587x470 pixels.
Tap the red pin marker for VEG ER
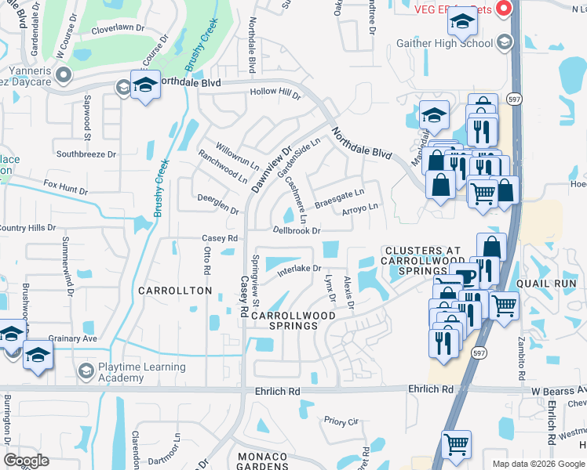505,8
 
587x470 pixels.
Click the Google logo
26,461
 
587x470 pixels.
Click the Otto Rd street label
207,260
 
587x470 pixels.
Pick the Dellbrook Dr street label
296,230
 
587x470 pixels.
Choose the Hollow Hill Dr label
275,92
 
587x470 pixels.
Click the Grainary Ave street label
72,338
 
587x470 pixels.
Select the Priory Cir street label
341,421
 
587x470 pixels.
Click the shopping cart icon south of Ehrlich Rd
456,444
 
